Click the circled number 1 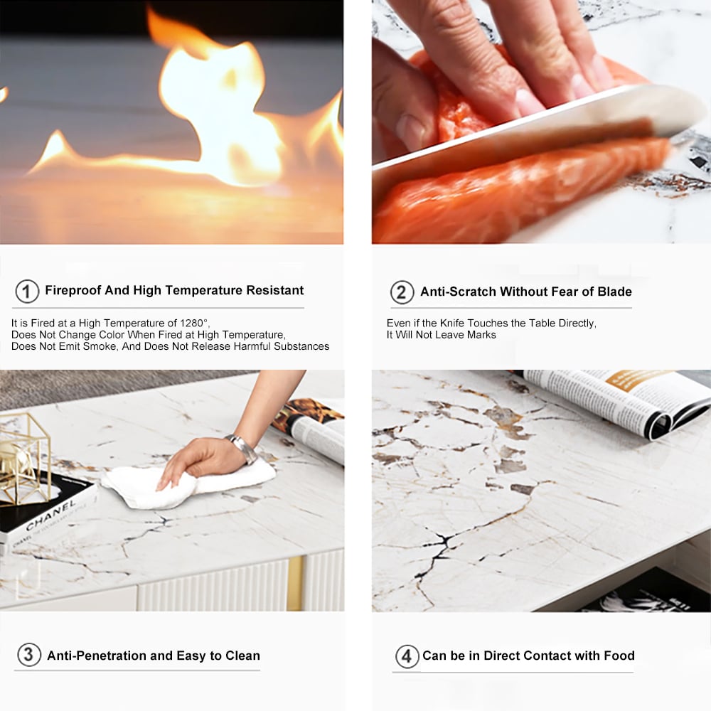27,291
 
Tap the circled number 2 402,292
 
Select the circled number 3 29,655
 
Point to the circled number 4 407,656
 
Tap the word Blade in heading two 614,292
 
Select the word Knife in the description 452,323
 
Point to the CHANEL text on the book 50,515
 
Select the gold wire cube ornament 23,458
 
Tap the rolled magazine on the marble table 612,404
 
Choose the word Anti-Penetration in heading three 97,656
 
